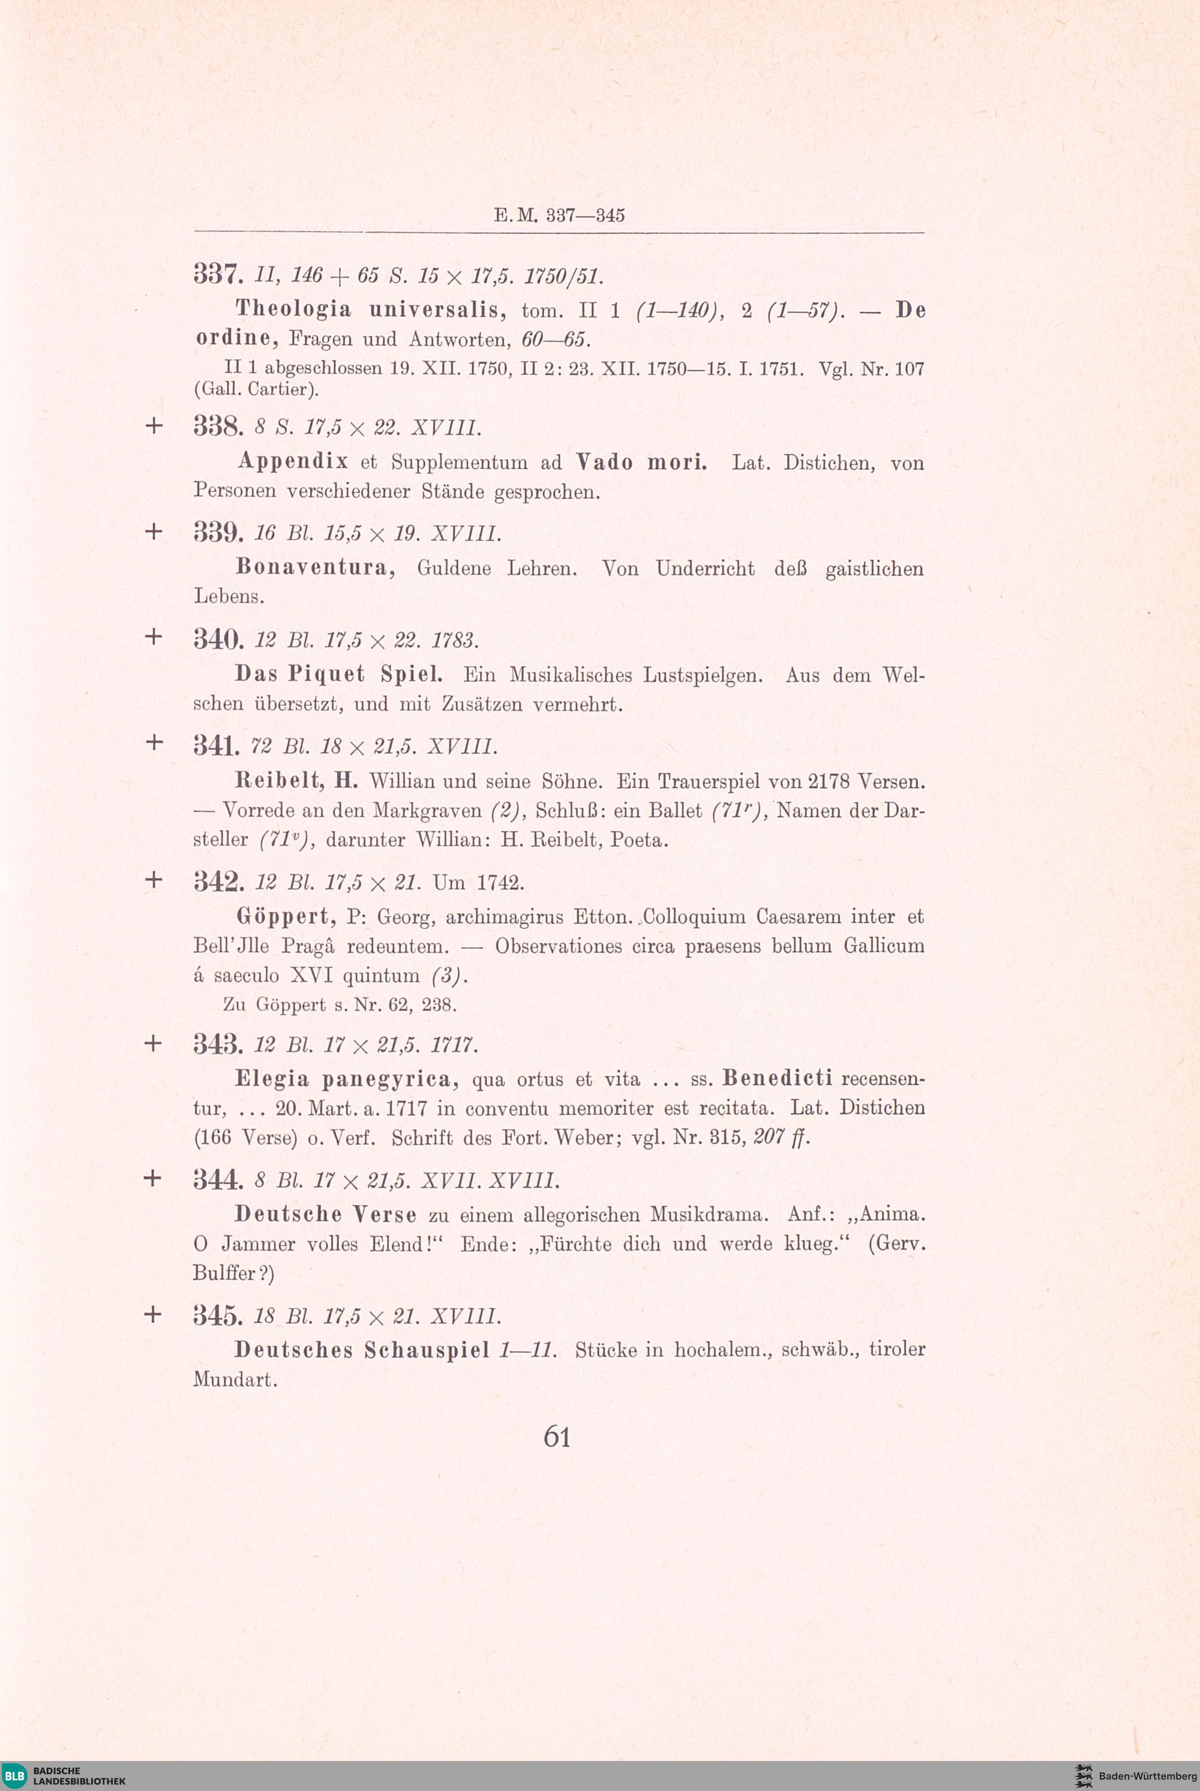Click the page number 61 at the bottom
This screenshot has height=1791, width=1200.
556,1436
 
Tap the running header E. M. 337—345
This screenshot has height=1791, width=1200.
559,215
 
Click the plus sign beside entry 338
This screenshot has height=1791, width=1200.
154,425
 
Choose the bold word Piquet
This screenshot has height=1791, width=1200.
327,674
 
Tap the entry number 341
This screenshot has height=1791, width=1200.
218,745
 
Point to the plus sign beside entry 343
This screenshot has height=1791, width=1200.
153,1044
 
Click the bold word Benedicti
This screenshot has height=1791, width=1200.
777,1078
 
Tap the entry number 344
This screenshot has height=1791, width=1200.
218,1180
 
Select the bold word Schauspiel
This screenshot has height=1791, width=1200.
426,1349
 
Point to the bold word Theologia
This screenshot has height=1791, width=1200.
293,309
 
